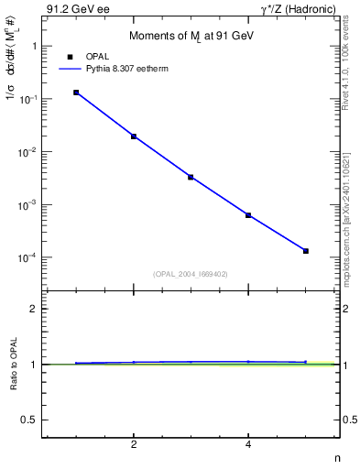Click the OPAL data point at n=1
coord(76,93)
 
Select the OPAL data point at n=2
coord(134,136)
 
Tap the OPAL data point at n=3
coord(191,177)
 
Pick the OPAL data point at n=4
coord(248,215)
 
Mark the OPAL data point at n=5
coord(306,251)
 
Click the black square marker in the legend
coord(70,57)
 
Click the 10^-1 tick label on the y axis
coord(27,99)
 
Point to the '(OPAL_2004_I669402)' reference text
coord(191,273)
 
